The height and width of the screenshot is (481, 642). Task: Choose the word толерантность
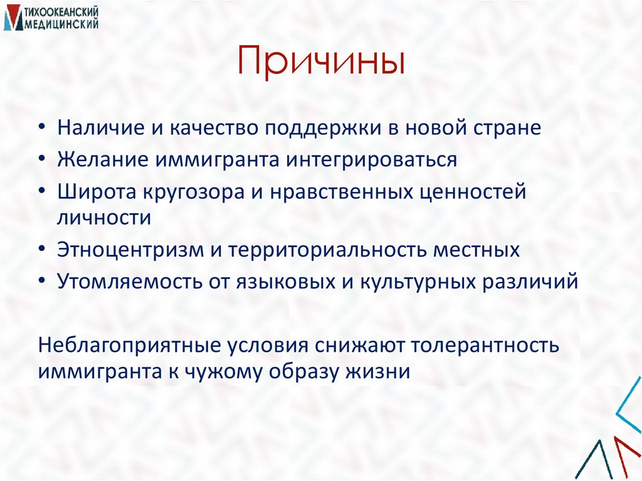click(494, 345)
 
